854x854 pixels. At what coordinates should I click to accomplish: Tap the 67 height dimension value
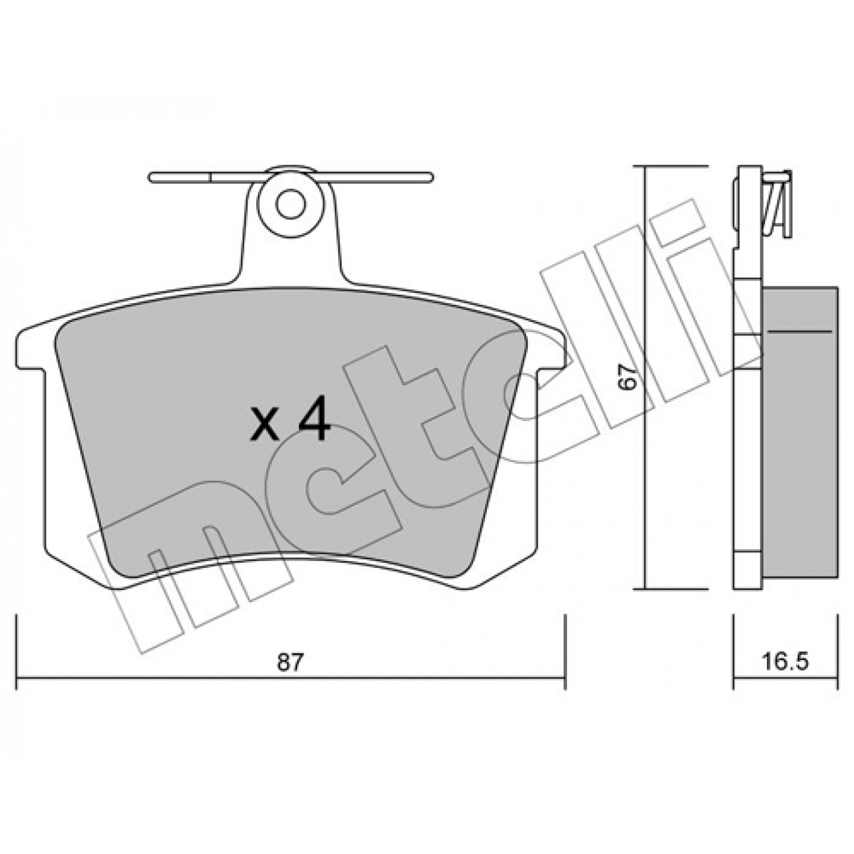pos(628,378)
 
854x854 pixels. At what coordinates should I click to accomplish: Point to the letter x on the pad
pos(264,429)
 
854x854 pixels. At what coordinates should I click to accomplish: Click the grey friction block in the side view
pos(801,436)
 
